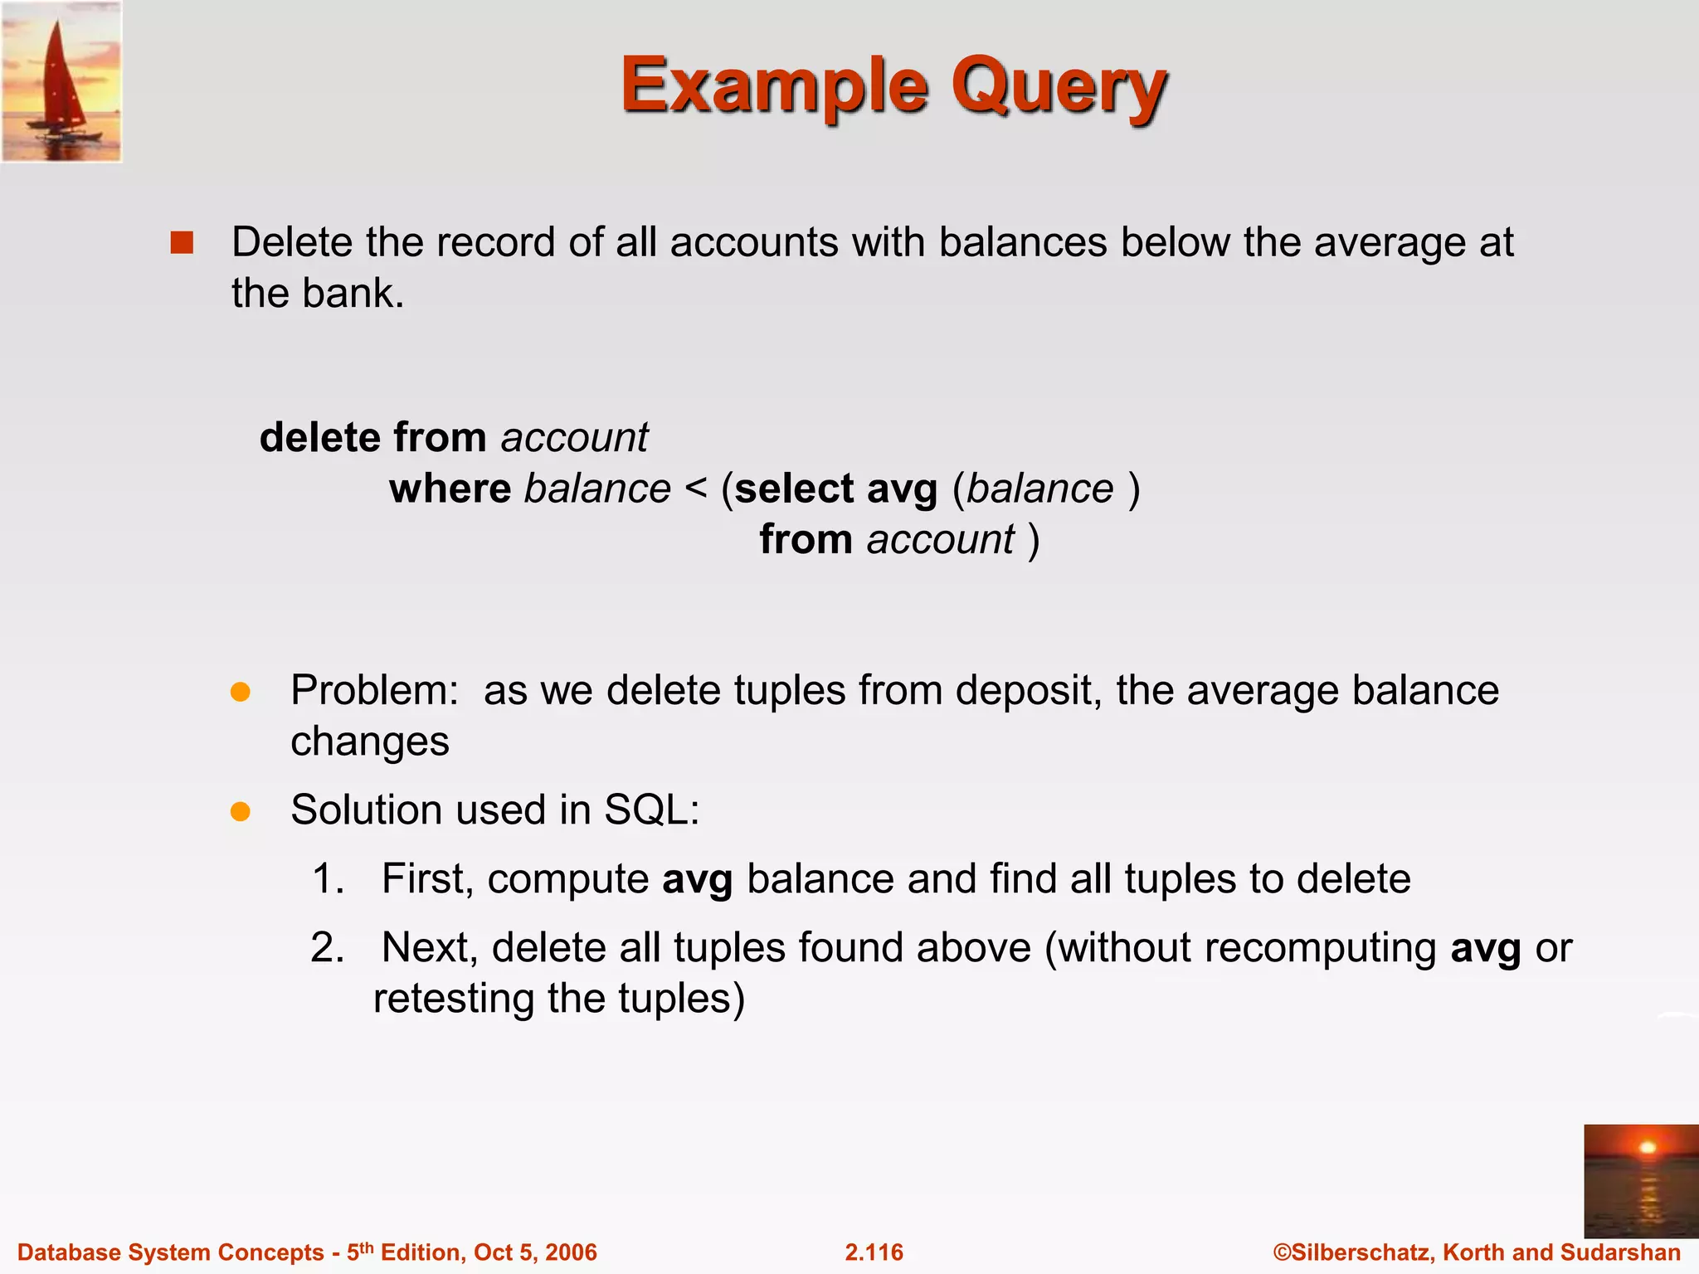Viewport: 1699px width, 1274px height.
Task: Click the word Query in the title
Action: point(1059,87)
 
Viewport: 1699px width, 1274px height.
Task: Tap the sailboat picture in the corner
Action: point(61,81)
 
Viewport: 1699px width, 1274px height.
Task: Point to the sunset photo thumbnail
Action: point(1641,1180)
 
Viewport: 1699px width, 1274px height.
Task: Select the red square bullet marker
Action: point(182,243)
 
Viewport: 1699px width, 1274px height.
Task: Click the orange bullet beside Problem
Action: point(241,693)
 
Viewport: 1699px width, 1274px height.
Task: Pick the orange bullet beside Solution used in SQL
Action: point(241,811)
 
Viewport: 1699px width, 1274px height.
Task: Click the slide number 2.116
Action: point(874,1252)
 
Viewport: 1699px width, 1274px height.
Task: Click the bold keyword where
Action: point(450,489)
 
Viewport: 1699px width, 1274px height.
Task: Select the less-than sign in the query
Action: point(696,489)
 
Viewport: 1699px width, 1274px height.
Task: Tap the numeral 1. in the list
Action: point(329,878)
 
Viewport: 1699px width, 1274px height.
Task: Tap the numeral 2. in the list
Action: point(328,947)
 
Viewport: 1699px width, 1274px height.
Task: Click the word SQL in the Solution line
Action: point(652,810)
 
